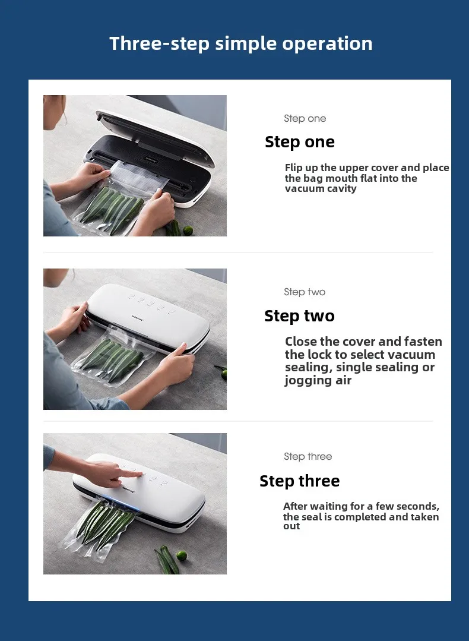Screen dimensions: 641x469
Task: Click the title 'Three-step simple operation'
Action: tap(240, 43)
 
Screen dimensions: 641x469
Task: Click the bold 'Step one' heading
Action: tap(299, 142)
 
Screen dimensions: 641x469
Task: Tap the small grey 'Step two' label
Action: tap(304, 292)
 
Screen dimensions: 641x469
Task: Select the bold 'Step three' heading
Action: tap(299, 481)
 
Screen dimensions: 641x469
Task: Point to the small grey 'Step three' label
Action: tap(308, 456)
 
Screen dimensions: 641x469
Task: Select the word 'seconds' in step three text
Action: tap(417, 507)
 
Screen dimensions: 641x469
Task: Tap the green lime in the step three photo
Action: tap(181, 556)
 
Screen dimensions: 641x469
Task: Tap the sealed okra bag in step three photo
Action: tap(104, 526)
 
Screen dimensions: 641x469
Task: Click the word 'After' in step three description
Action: tap(295, 507)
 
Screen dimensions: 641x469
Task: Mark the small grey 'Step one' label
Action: tap(305, 118)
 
